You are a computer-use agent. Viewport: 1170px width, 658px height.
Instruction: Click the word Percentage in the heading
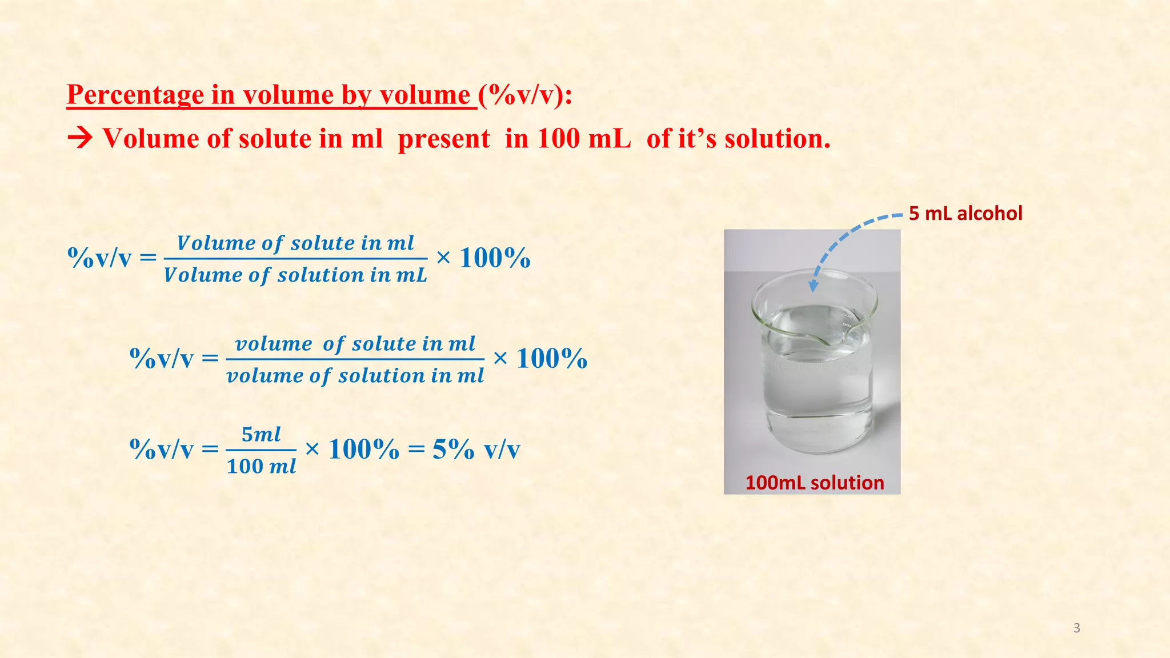coord(135,95)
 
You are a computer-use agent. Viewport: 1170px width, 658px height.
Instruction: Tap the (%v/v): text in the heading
coord(525,95)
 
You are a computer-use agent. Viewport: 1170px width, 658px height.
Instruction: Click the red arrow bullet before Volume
coord(79,139)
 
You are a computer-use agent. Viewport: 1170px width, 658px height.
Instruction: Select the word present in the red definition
coord(443,139)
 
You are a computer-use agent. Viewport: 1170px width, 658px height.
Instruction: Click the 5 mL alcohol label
coord(965,214)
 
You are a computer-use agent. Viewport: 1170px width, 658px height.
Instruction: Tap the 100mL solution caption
coord(814,483)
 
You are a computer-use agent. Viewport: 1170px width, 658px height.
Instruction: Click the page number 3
coord(1076,628)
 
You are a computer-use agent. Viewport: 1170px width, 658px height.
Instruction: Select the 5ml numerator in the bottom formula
coord(261,435)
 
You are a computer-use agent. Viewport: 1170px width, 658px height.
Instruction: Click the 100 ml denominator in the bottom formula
coord(261,467)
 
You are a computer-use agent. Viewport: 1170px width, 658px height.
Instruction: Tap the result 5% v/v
coord(476,450)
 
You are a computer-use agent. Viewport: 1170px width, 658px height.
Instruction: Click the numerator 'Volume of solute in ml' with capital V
coord(295,243)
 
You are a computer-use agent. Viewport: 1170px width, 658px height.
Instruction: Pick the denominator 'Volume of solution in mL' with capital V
coord(295,275)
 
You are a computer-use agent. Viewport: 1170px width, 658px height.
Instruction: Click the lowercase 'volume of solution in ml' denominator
coord(355,376)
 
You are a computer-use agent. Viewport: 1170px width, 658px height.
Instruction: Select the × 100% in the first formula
coord(483,258)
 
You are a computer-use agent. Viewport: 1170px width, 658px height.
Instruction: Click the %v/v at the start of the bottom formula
coord(162,450)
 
